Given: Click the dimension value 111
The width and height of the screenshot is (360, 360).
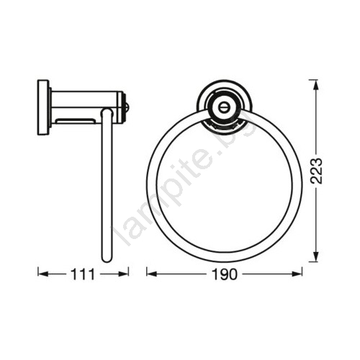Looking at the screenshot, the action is coord(83,274).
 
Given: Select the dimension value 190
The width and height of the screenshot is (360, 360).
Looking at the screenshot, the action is coord(225,274).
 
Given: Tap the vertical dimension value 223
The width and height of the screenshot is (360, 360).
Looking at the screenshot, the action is coord(316,171).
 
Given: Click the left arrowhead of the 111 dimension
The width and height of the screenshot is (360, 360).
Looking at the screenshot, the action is coord(43,274).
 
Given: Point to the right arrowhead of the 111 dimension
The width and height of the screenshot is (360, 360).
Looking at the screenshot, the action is coord(123,274).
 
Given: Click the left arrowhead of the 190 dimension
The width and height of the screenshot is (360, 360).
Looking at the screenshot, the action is coord(152,274).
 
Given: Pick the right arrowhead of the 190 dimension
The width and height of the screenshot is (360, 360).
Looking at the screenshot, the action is coord(297,274).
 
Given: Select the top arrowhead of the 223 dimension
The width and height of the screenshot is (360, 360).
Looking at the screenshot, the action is coord(316,85).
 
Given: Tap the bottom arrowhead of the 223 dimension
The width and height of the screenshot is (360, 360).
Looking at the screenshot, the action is coord(316,256).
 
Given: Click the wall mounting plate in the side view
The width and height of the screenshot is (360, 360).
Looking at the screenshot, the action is coord(43,107).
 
